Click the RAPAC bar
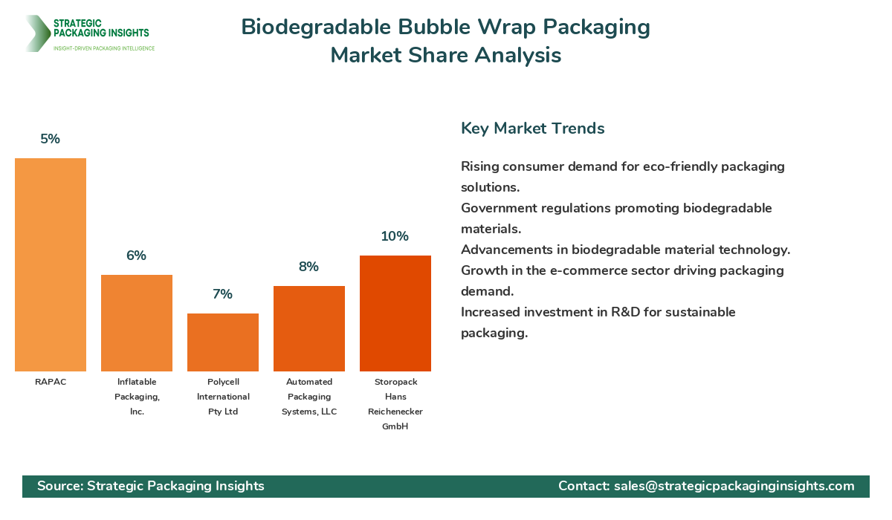(x=51, y=264)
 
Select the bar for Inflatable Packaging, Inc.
(x=137, y=323)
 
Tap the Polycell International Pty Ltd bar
(x=223, y=342)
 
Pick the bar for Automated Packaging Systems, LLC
(x=309, y=328)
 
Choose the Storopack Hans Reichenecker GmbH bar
(x=395, y=313)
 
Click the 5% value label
(x=51, y=139)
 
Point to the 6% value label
(x=137, y=256)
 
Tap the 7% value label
(x=223, y=294)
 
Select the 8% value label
(x=309, y=267)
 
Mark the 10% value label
(x=395, y=236)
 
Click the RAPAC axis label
(x=51, y=382)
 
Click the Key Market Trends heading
(x=533, y=128)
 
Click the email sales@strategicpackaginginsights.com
(x=734, y=486)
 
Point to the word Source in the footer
(x=59, y=486)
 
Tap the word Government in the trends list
(x=499, y=208)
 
